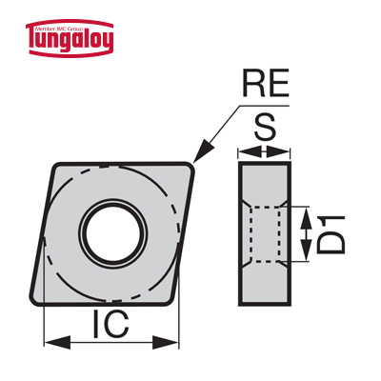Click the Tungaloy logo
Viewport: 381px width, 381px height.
pyautogui.click(x=70, y=38)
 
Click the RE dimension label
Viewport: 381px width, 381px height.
pyautogui.click(x=266, y=83)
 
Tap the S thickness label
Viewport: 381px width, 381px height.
pyautogui.click(x=265, y=127)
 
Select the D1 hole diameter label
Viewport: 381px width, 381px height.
pyautogui.click(x=331, y=234)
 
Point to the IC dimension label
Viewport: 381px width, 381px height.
pyautogui.click(x=110, y=324)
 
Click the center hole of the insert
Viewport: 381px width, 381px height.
pyautogui.click(x=113, y=234)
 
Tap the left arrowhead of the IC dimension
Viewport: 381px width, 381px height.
pyautogui.click(x=56, y=342)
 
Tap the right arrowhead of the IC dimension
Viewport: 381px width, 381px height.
pyautogui.click(x=166, y=342)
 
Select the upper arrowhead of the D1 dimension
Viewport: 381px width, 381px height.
pyautogui.click(x=306, y=218)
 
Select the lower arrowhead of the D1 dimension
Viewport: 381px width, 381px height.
pyautogui.click(x=306, y=251)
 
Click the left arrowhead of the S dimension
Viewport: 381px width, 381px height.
pyautogui.click(x=250, y=151)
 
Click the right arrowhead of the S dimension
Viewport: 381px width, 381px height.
pyautogui.click(x=278, y=151)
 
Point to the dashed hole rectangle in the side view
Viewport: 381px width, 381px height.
pyautogui.click(x=265, y=234)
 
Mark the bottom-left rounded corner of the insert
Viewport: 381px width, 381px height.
pyautogui.click(x=34, y=300)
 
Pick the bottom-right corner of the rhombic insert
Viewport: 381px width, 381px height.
pyautogui.click(x=169, y=301)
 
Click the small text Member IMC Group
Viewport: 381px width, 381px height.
pyautogui.click(x=70, y=29)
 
